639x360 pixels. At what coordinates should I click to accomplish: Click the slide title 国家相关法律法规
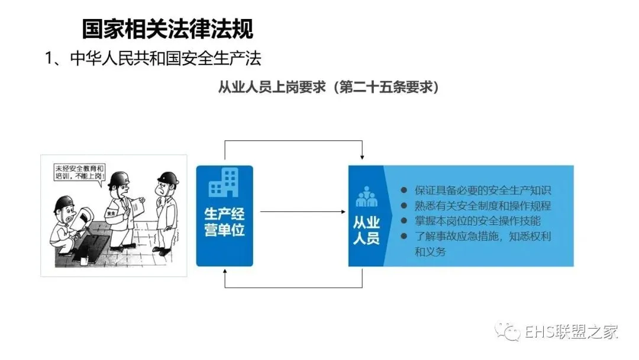pyautogui.click(x=167, y=28)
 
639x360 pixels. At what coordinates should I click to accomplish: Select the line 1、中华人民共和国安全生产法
pyautogui.click(x=153, y=59)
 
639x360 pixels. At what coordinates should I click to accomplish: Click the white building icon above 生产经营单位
pyautogui.click(x=224, y=182)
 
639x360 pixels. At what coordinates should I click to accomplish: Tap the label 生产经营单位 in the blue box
pyautogui.click(x=224, y=222)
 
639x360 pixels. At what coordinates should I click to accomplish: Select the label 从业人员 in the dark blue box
pyautogui.click(x=366, y=230)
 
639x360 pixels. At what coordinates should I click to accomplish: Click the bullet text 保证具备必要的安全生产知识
pyautogui.click(x=482, y=191)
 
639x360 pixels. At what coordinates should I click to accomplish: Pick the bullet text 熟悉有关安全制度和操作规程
pyautogui.click(x=482, y=206)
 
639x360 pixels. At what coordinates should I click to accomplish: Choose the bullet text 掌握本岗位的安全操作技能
pyautogui.click(x=477, y=221)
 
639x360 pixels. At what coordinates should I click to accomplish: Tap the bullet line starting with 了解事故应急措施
pyautogui.click(x=482, y=237)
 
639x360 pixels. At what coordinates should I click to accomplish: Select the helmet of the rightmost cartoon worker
pyautogui.click(x=168, y=177)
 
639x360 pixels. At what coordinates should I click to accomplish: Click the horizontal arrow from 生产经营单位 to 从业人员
pyautogui.click(x=302, y=211)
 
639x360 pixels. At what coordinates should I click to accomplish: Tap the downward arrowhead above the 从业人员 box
pyautogui.click(x=362, y=157)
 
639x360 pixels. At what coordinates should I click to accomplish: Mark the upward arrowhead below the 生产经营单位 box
pyautogui.click(x=224, y=271)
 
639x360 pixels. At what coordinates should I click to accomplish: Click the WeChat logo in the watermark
pyautogui.click(x=509, y=332)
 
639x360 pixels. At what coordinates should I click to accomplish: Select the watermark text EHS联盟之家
pyautogui.click(x=572, y=332)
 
